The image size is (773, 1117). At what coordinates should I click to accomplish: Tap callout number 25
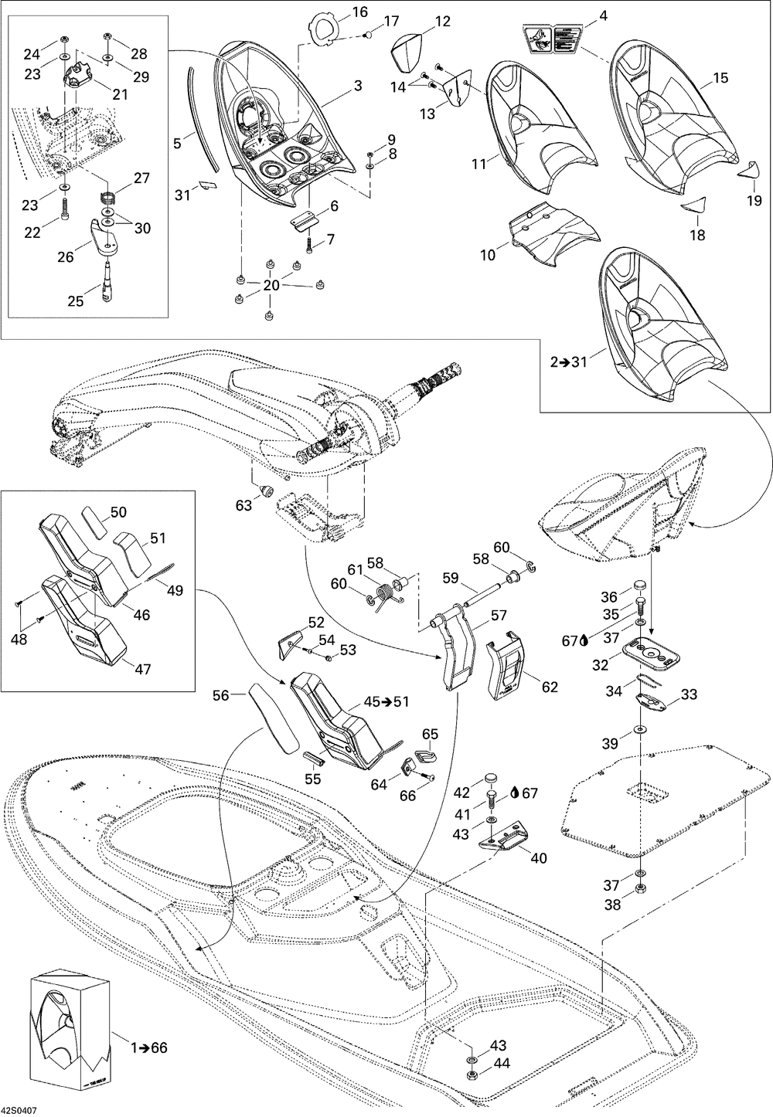point(75,300)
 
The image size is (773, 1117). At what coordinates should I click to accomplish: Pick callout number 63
point(244,506)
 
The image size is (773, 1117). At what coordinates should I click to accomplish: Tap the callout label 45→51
point(386,701)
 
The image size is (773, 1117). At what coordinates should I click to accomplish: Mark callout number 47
point(143,647)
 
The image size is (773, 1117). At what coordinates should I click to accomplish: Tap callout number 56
point(221,695)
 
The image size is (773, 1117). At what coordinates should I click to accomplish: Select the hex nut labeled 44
point(472,1075)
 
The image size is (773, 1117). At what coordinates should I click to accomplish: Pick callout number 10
point(489,254)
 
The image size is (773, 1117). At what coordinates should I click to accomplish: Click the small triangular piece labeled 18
point(693,205)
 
